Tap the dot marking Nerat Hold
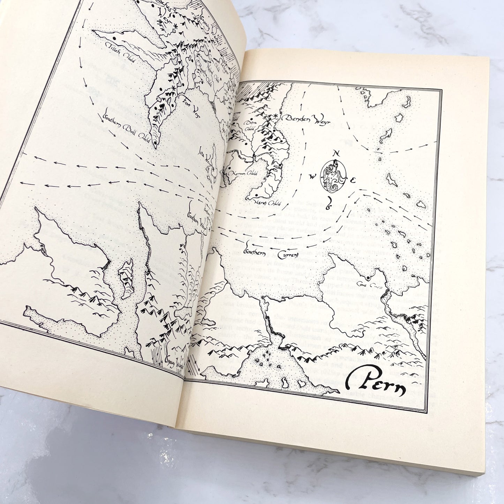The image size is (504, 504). click(x=256, y=196)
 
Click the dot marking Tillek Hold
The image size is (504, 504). click(x=114, y=37)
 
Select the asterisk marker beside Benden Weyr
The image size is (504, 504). click(x=276, y=115)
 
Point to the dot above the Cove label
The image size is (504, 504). click(x=368, y=278)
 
